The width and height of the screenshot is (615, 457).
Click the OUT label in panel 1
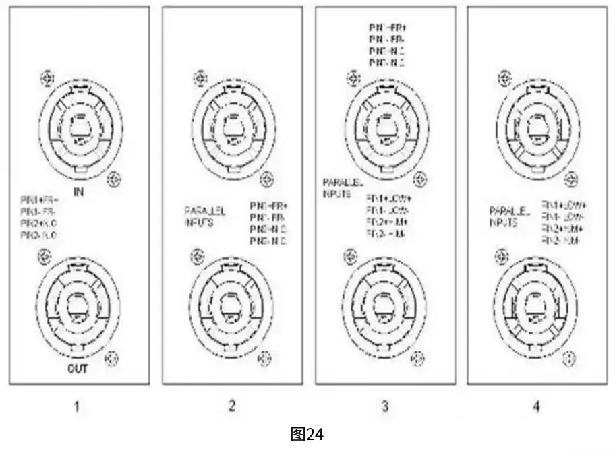(x=78, y=369)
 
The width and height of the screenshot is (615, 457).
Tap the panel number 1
(x=78, y=406)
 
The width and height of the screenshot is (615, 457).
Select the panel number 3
(x=384, y=406)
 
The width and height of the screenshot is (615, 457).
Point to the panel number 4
(x=537, y=406)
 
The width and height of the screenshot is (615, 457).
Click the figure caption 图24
(x=307, y=435)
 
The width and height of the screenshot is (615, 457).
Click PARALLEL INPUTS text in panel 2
(x=205, y=216)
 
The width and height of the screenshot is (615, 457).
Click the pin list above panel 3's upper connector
(x=386, y=44)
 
